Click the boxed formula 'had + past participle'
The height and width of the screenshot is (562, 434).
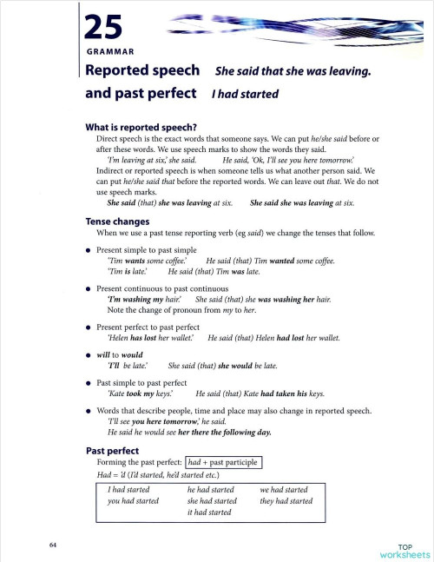[224, 463]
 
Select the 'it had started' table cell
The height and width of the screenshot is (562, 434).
[209, 512]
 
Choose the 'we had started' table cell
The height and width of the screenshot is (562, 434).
[285, 490]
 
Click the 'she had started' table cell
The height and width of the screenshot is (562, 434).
[212, 501]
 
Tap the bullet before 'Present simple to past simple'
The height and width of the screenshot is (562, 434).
[89, 249]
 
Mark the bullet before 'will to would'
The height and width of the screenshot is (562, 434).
[89, 355]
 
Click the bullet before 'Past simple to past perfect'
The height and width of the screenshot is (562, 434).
[89, 382]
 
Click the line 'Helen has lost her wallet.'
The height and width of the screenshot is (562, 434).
[152, 338]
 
